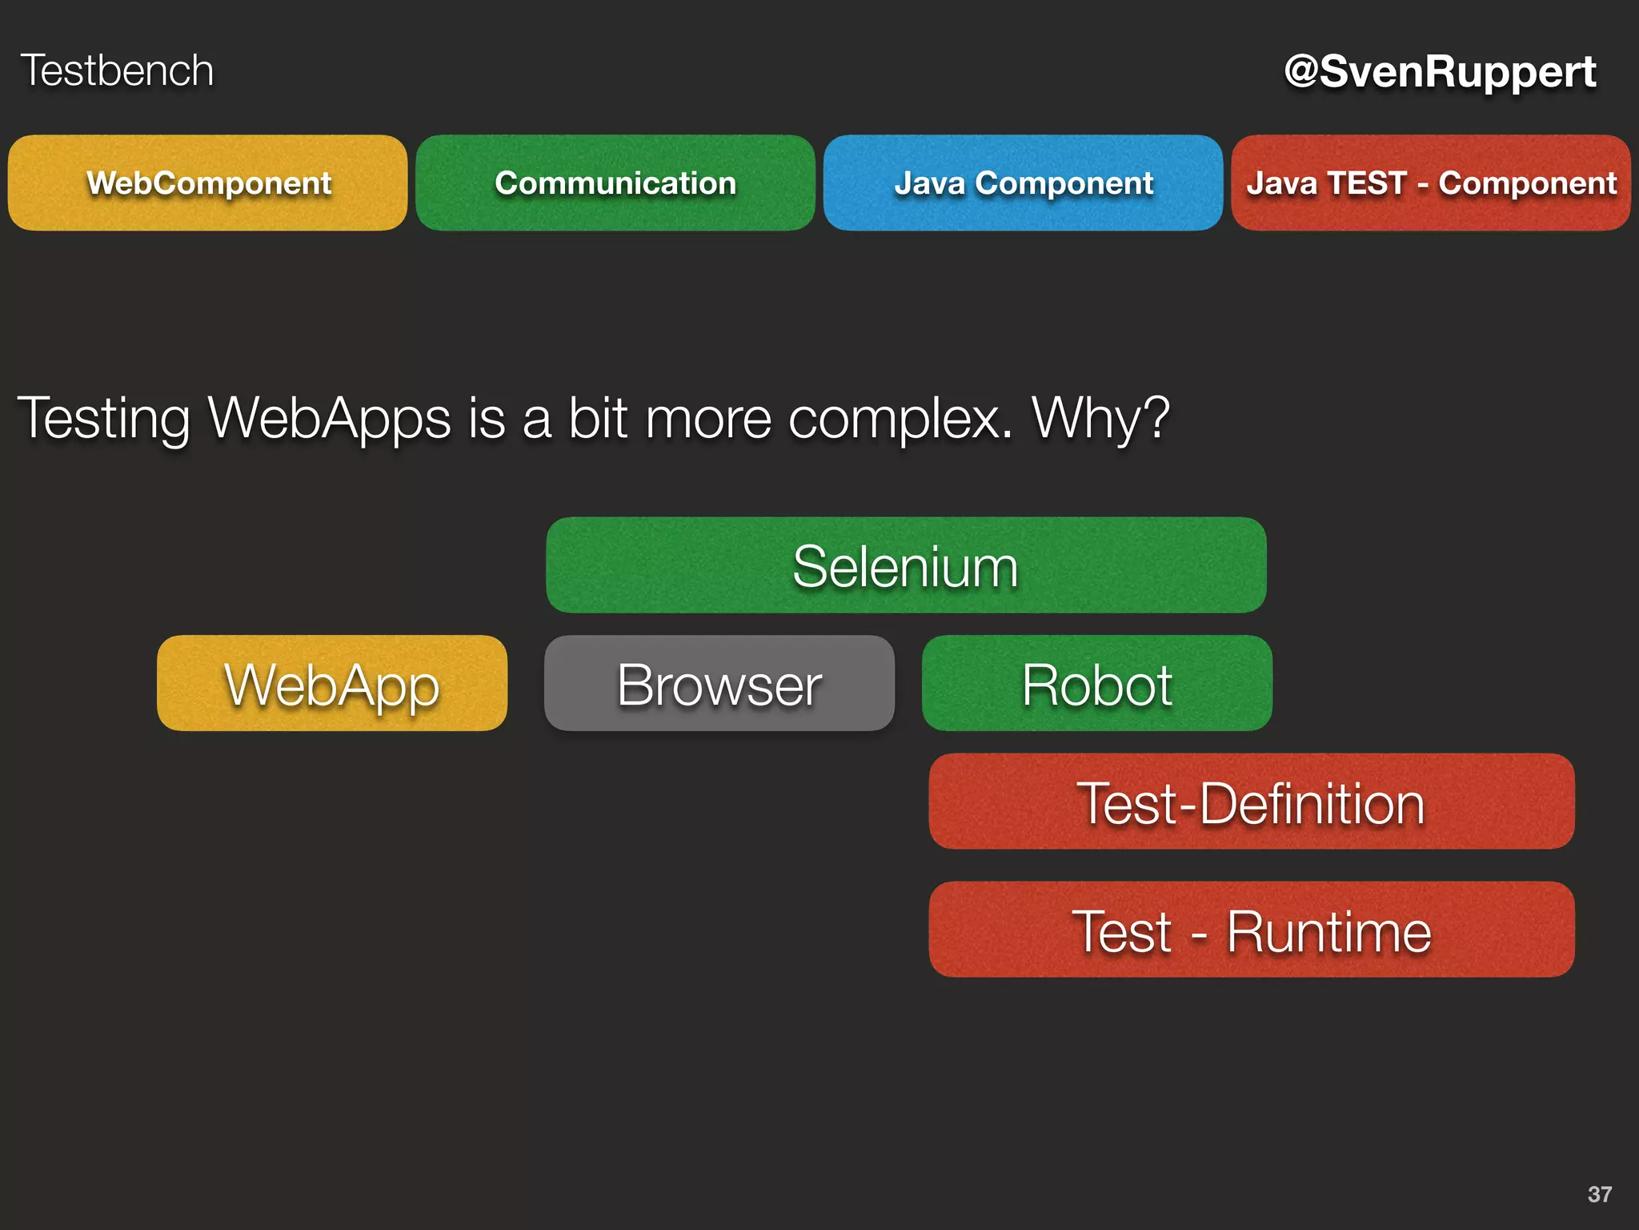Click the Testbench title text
117,70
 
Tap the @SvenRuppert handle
1440,72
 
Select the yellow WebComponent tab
208,183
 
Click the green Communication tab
615,183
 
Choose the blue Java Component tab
1023,183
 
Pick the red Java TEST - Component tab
1431,183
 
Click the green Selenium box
906,565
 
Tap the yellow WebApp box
332,684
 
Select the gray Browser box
719,684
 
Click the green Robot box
1097,684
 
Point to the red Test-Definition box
1252,802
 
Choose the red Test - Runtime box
1252,930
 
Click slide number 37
1599,1194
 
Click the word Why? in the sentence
1100,417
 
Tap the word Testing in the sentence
103,419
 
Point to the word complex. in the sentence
900,419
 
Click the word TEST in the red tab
1366,183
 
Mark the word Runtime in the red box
1328,931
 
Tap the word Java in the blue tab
930,183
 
